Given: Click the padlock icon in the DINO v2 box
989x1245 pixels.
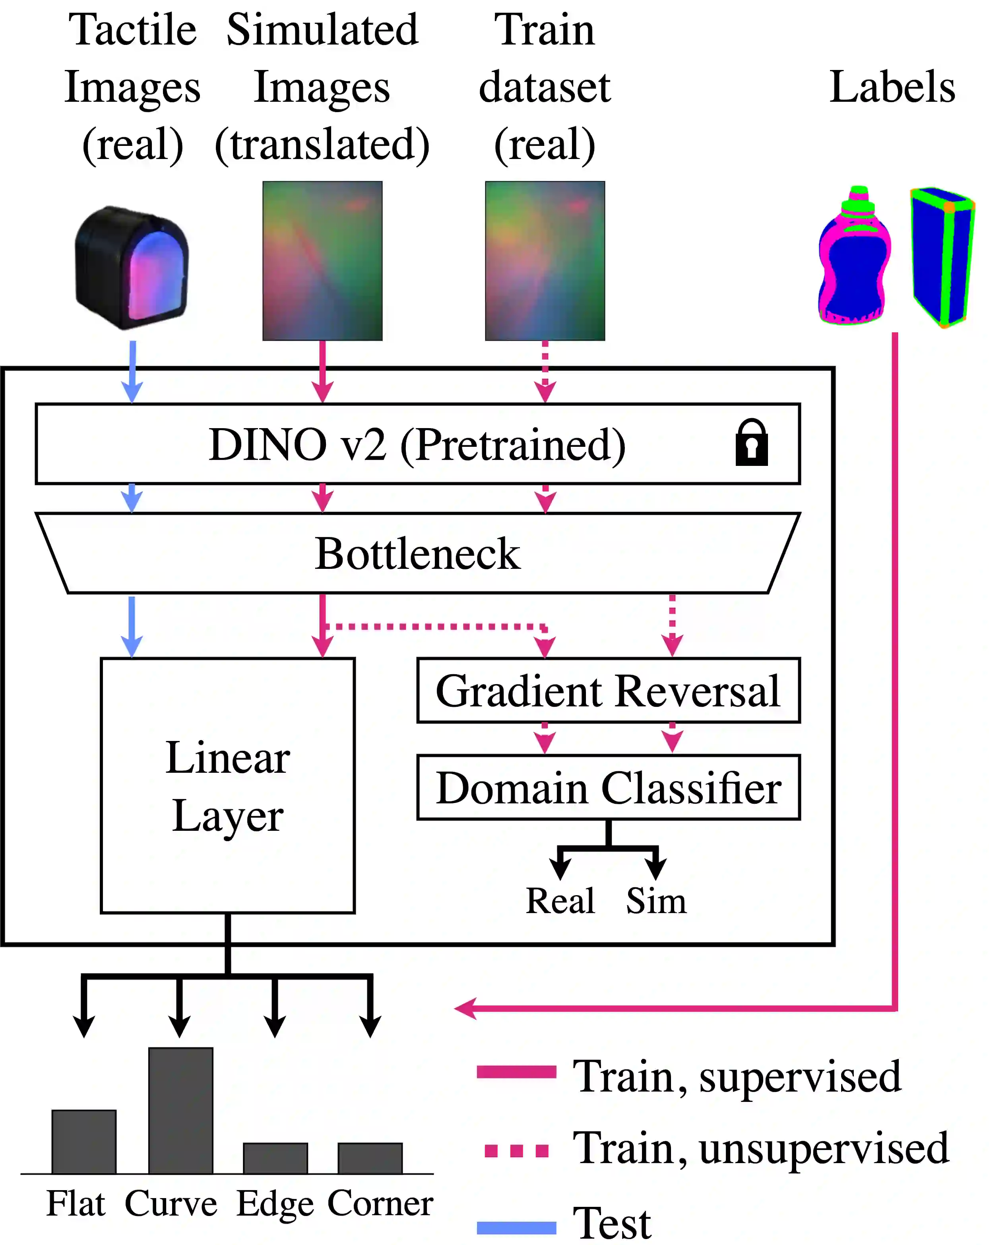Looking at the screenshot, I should click(x=751, y=442).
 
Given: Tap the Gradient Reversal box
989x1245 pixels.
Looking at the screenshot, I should click(x=608, y=690).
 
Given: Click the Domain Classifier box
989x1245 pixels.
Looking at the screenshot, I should click(x=608, y=787).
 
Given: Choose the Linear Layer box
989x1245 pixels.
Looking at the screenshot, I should click(x=227, y=785).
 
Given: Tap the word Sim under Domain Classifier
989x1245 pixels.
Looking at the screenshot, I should click(x=656, y=900).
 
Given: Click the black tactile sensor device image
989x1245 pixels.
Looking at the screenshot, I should click(x=132, y=267).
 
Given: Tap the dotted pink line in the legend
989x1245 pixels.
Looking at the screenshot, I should click(x=516, y=1151).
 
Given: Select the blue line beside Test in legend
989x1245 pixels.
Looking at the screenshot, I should click(x=516, y=1228).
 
